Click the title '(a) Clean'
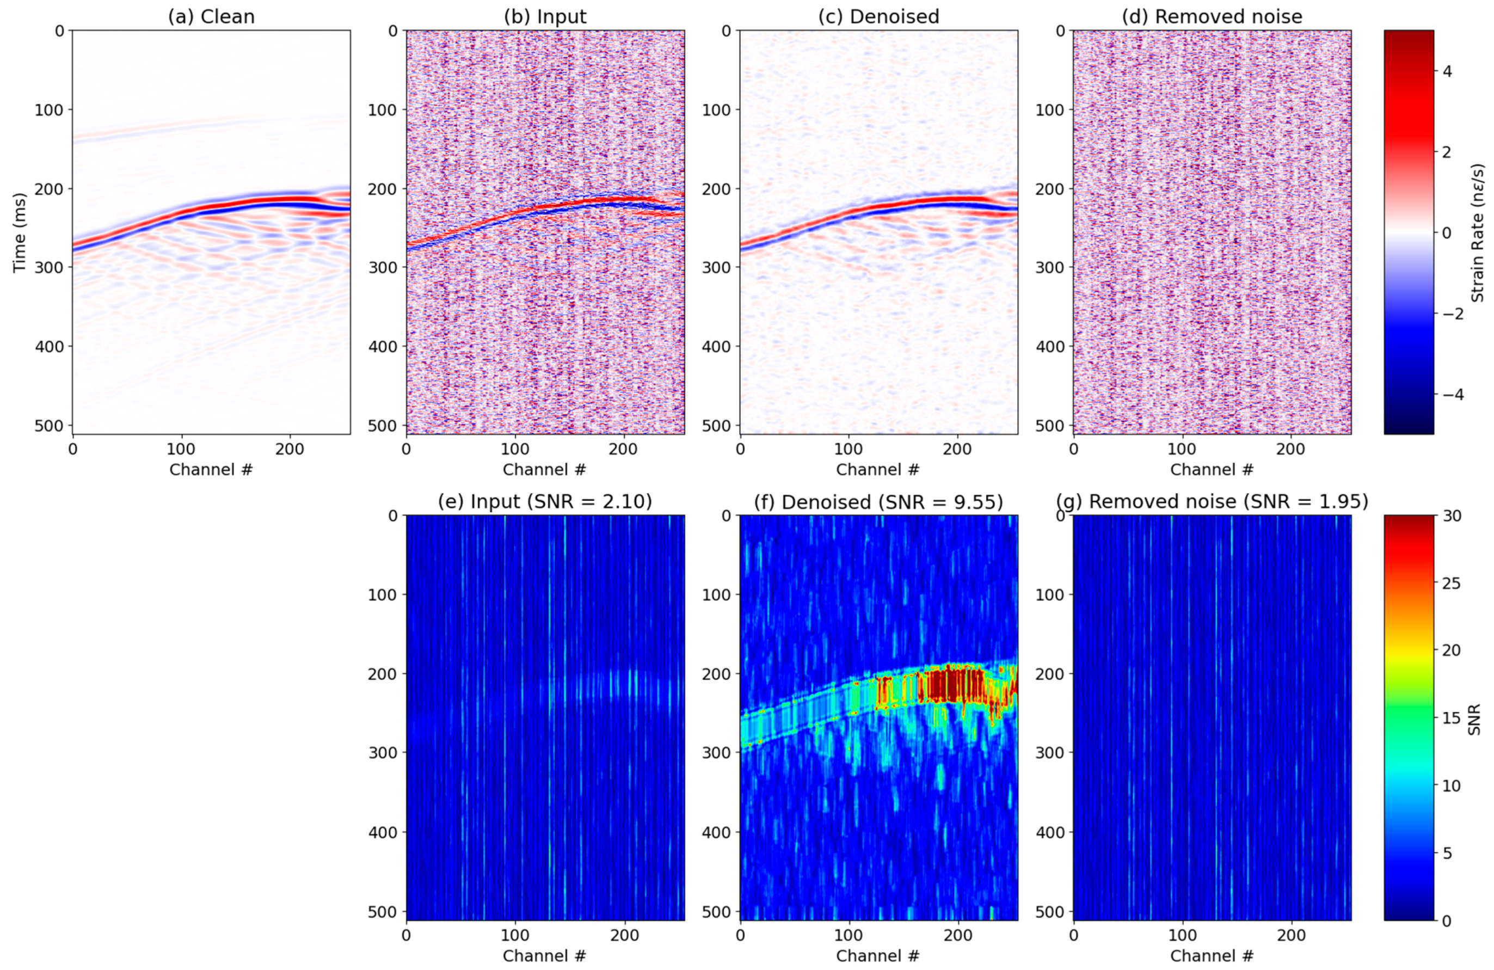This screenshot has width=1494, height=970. pos(211,16)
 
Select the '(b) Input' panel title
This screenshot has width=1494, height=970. pos(545,16)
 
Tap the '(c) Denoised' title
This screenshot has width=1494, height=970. pos(878,16)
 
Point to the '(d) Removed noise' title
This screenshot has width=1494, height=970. pos(1212,16)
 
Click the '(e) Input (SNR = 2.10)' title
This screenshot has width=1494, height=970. pos(545,502)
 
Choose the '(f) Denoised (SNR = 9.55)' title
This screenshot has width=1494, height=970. pos(878,502)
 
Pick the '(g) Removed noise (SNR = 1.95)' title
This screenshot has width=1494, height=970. pos(1212,502)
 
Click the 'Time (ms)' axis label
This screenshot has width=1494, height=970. pos(20,232)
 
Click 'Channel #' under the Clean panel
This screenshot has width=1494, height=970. pos(211,470)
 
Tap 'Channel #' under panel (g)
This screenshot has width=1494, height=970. pos(1212,955)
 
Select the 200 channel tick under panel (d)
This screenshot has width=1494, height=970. pos(1291,450)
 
